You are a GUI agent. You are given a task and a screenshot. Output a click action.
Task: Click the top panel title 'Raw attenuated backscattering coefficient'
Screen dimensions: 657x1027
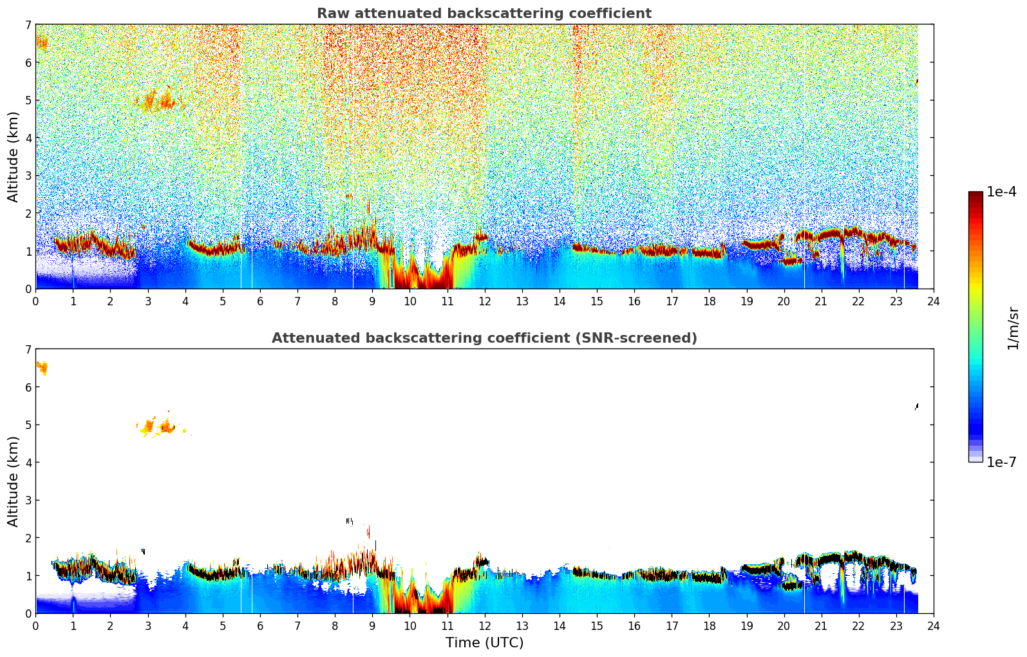(484, 14)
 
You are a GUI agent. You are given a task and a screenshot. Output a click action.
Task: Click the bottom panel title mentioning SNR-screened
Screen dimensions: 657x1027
(484, 338)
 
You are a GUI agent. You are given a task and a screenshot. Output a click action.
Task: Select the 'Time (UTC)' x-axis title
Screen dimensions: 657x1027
(484, 643)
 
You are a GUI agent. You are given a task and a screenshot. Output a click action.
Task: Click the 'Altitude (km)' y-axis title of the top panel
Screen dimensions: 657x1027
(14, 157)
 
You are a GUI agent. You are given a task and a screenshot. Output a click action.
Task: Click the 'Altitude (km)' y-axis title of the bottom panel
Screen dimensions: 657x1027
(14, 481)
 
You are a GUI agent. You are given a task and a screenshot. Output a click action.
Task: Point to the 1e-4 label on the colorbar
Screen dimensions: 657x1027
(1001, 192)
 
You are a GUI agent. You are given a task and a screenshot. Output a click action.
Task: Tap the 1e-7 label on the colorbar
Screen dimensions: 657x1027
(1001, 462)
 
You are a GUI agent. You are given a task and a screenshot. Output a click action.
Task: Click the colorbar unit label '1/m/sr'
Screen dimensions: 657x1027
(1013, 328)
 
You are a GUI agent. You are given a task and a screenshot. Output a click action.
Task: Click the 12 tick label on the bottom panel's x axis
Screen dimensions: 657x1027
(484, 625)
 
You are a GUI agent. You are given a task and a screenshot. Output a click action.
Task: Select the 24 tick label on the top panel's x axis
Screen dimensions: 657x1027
(933, 301)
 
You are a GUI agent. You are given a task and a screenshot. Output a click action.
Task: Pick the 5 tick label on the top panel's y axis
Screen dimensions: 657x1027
(28, 100)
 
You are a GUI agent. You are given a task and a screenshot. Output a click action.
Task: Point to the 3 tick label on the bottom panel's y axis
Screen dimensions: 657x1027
(28, 500)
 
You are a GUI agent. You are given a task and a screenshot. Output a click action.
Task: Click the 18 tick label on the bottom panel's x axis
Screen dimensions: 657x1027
(709, 625)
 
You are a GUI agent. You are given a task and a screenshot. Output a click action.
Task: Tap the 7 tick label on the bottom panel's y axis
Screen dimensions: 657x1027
(28, 350)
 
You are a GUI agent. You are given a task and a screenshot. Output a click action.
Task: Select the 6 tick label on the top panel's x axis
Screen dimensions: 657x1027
(260, 301)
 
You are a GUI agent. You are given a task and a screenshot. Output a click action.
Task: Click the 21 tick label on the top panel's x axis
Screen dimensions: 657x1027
(821, 301)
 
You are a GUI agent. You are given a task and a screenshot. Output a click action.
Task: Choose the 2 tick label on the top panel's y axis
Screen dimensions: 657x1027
(28, 213)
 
